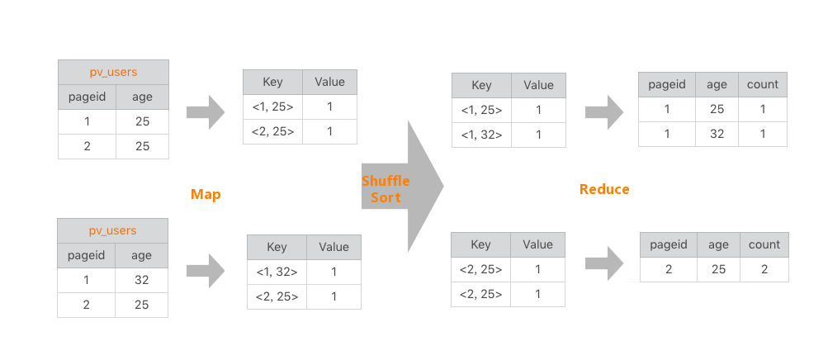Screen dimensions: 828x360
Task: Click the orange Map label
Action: (206, 194)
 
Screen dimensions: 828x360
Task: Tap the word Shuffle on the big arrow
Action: (386, 181)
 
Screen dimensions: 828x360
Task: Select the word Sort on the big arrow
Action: (386, 197)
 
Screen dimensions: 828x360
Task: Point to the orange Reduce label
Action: (604, 189)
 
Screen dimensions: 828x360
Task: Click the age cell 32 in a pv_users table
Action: (141, 280)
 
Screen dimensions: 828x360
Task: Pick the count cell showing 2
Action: (764, 269)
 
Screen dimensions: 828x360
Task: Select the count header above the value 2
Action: (764, 245)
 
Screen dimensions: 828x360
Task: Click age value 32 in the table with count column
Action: (717, 134)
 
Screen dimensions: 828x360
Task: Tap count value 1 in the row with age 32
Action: (763, 134)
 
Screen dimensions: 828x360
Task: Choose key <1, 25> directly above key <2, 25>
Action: (272, 107)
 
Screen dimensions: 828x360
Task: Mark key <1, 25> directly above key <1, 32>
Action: (481, 111)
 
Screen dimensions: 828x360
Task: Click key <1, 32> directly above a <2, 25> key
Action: (277, 272)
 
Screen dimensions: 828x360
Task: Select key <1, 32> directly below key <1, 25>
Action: (481, 135)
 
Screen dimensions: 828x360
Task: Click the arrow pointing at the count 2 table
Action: (604, 263)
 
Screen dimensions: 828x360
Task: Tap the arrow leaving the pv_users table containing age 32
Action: (206, 271)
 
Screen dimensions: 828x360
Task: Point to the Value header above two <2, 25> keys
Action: (537, 245)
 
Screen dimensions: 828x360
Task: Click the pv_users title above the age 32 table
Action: (113, 230)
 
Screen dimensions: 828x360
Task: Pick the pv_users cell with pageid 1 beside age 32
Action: (86, 280)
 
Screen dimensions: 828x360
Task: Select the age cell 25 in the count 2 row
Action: (718, 269)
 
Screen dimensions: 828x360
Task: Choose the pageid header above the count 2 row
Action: (669, 245)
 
